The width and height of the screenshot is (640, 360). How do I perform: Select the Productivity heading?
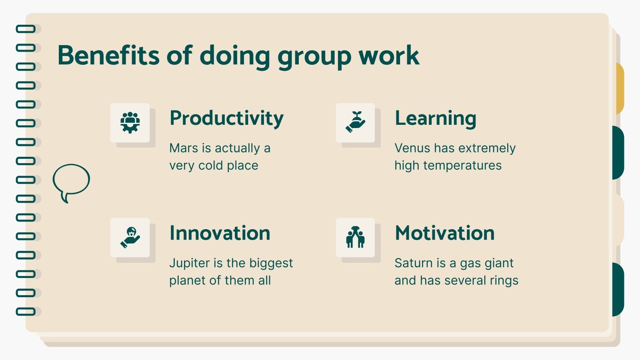tap(226, 118)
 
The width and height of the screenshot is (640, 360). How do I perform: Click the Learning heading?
tap(435, 118)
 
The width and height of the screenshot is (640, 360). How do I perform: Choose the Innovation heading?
tap(220, 233)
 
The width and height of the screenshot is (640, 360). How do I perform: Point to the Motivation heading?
tap(444, 233)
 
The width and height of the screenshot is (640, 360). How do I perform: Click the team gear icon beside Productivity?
tap(130, 122)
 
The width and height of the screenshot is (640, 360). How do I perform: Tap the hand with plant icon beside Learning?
tap(355, 122)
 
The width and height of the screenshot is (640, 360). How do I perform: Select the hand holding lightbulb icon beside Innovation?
tap(130, 237)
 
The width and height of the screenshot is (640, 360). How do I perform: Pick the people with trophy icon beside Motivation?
tap(355, 237)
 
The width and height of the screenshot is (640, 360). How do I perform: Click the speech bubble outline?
tap(71, 181)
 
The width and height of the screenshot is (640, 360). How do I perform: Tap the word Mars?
tap(184, 148)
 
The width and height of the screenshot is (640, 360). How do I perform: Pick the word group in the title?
tap(314, 56)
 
